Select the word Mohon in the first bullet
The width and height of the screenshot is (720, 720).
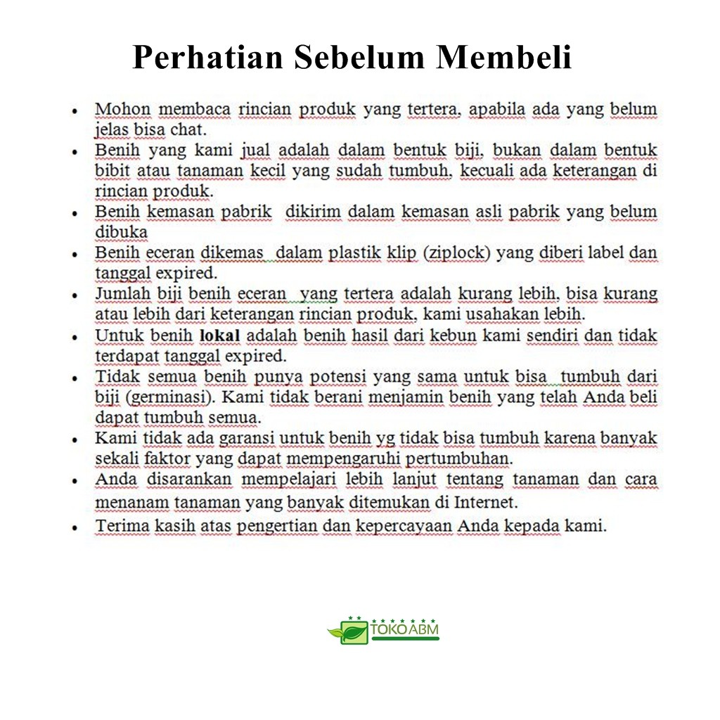pos(122,110)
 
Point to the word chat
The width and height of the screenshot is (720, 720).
pos(188,130)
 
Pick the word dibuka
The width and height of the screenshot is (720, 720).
pos(121,232)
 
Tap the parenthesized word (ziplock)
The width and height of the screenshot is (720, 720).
pos(456,252)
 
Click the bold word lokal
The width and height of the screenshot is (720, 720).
pos(220,335)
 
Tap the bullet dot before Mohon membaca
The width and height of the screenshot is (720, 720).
pos(74,110)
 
